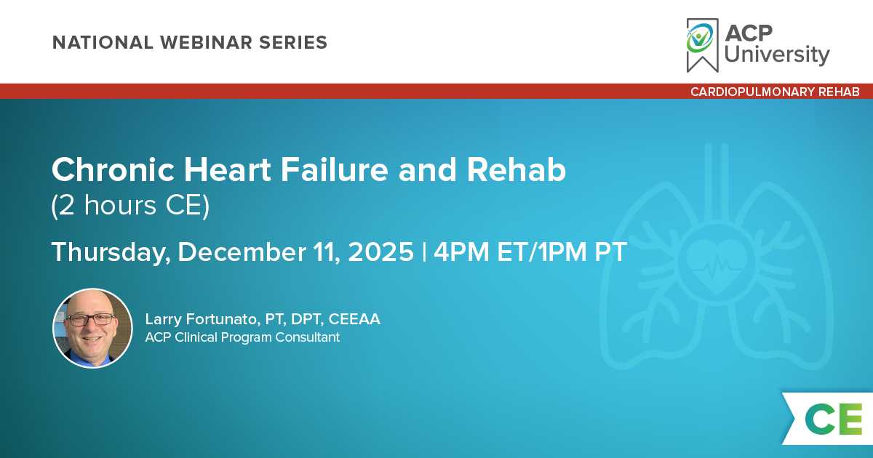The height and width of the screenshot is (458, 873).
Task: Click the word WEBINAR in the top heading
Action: coord(205,42)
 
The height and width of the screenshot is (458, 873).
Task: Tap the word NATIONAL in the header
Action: coord(103,42)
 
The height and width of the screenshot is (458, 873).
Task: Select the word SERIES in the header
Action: coord(293,42)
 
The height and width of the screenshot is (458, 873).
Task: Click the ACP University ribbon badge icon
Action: coord(702,45)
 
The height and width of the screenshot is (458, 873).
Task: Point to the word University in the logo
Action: coord(777,54)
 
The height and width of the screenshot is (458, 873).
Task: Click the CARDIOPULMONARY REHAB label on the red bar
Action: coord(775,92)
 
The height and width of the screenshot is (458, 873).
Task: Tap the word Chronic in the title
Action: coord(113,170)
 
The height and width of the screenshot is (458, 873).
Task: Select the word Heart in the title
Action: coord(227,170)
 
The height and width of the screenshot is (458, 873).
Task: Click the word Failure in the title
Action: coord(335,170)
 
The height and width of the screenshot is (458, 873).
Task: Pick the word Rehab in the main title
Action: coord(517,170)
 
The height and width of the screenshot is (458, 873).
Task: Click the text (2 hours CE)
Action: coord(130,206)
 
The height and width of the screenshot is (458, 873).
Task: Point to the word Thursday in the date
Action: coord(111,252)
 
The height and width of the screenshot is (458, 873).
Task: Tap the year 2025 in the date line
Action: coord(380,252)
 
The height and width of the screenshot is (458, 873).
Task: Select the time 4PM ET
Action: coord(483,252)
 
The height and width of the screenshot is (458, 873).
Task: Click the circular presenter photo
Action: coord(93,329)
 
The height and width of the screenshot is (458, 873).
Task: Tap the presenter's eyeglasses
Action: coord(91,320)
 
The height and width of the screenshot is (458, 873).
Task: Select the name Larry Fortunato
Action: coord(201,319)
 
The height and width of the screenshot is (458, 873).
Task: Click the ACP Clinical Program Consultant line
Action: coord(242,337)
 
